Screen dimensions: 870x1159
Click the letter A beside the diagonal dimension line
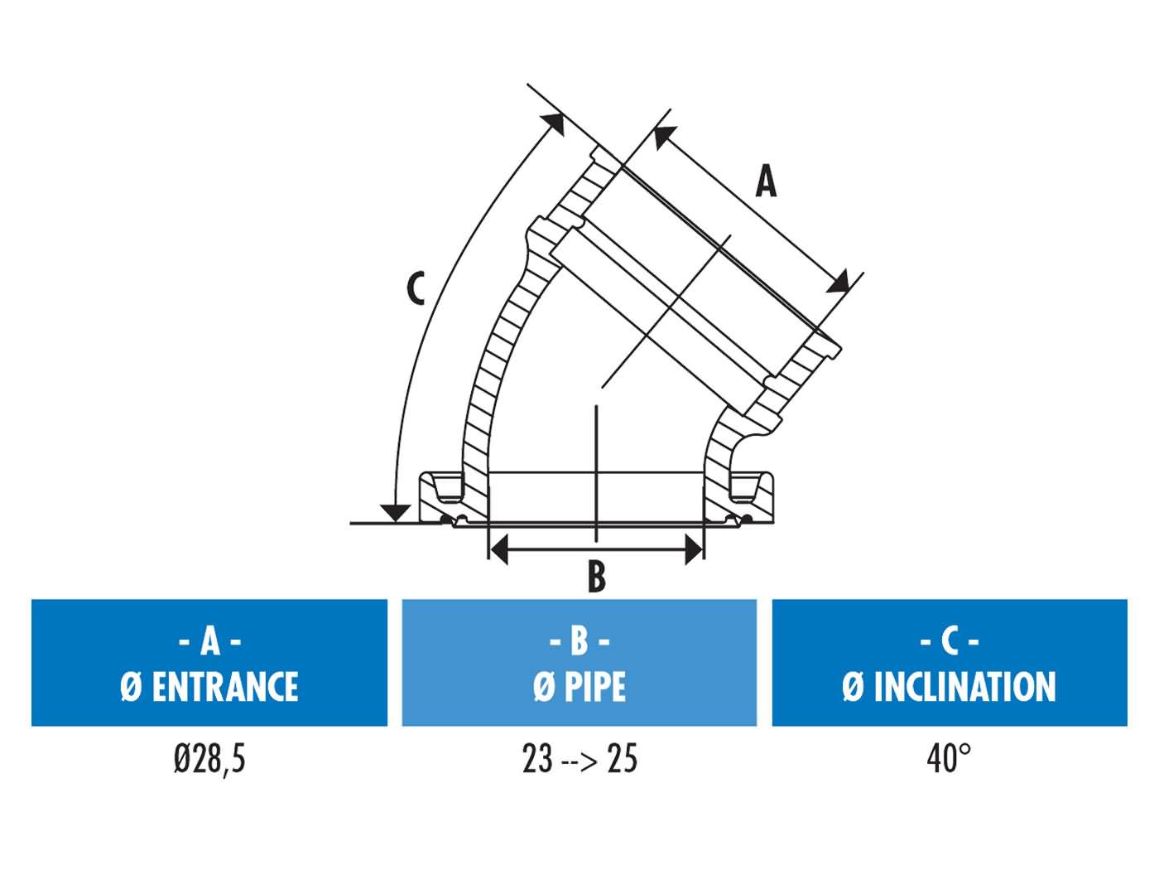(x=767, y=181)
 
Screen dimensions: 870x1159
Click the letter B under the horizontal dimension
(x=596, y=577)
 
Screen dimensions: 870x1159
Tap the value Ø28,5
(x=209, y=758)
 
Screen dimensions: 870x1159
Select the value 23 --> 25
(x=579, y=758)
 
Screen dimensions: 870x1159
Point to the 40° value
(x=949, y=758)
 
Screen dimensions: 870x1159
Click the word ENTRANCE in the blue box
(x=224, y=687)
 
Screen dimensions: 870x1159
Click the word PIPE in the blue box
(x=595, y=687)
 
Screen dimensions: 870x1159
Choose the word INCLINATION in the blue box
(x=964, y=687)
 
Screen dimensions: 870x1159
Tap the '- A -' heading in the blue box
(x=209, y=640)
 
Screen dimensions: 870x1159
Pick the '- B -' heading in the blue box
(x=579, y=640)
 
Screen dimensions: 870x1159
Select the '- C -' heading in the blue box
(x=950, y=640)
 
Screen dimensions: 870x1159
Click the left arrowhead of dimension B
(x=498, y=548)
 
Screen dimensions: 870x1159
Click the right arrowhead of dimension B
(x=694, y=548)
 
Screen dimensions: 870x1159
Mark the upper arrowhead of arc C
(x=555, y=123)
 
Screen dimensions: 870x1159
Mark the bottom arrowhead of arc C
(x=397, y=513)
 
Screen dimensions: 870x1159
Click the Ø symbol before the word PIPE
(x=543, y=687)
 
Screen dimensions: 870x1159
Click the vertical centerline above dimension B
(x=595, y=464)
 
